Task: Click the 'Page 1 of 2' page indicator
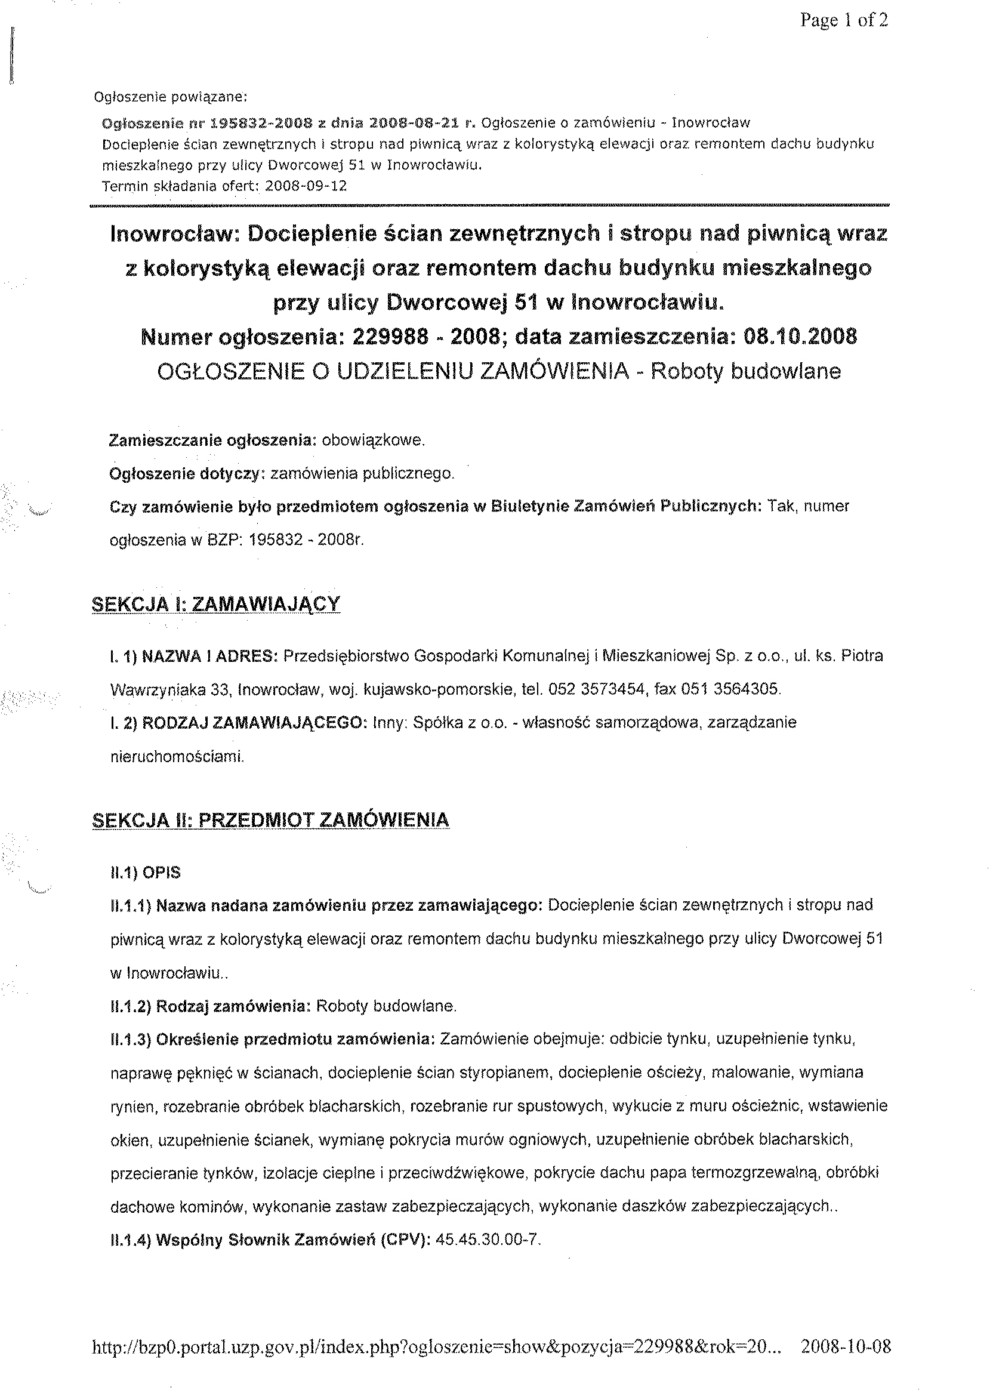point(844,21)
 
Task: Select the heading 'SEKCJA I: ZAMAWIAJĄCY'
point(215,604)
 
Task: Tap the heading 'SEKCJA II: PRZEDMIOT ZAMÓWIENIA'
point(270,820)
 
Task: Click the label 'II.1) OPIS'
point(145,873)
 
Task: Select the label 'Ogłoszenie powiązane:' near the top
point(170,97)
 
